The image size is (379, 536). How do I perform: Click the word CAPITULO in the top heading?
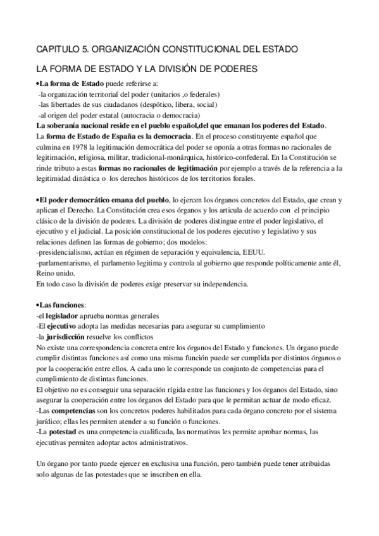(60, 49)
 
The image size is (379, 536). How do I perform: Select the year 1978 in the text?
(74, 145)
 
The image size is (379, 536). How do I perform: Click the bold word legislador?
(62, 315)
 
